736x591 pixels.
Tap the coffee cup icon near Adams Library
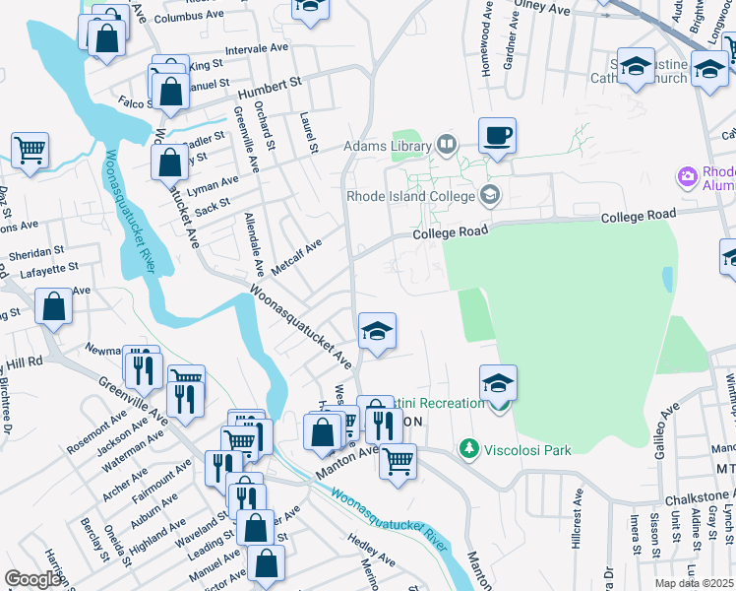pyautogui.click(x=497, y=135)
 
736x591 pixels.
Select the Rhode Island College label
pyautogui.click(x=410, y=195)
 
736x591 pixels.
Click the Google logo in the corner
pyautogui.click(x=33, y=579)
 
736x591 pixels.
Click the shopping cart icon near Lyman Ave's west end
pyautogui.click(x=30, y=151)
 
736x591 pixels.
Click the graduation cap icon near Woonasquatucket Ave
pyautogui.click(x=376, y=331)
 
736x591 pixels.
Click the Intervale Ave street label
pyautogui.click(x=256, y=48)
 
